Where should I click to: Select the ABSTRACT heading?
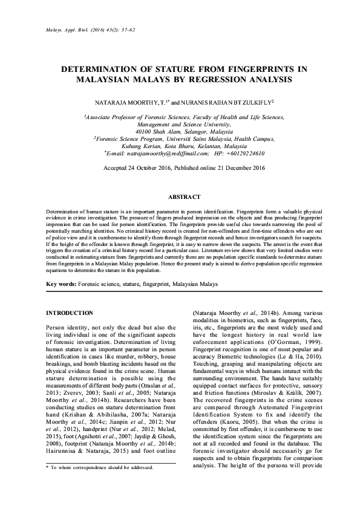(x=180, y=197)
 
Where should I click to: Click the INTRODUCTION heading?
(x=70, y=313)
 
